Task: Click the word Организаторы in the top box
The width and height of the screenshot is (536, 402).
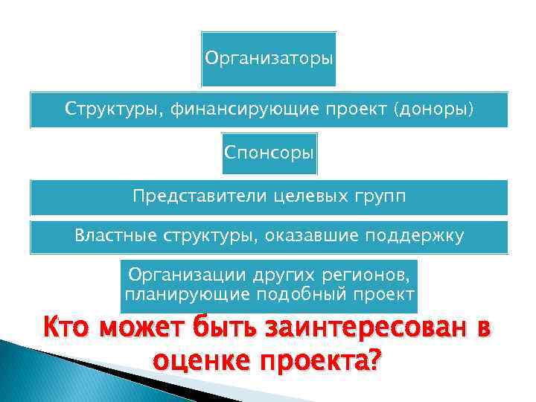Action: pos(269,58)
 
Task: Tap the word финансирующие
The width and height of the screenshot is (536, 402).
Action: pos(243,109)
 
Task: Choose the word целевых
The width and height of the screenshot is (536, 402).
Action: pos(307,196)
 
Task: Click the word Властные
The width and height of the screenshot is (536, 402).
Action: pos(112,236)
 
